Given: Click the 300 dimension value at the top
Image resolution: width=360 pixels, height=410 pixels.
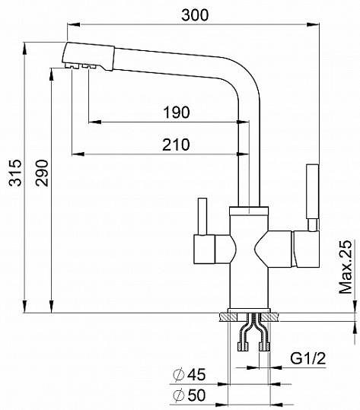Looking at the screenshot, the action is (x=195, y=15).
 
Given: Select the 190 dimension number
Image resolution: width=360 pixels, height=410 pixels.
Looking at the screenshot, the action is (x=177, y=113).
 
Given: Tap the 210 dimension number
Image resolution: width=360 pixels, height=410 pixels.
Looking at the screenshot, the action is (x=176, y=145).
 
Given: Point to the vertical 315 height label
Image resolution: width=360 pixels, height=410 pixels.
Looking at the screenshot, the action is (x=15, y=173).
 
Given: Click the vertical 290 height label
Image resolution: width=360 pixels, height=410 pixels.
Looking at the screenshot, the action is (x=42, y=173).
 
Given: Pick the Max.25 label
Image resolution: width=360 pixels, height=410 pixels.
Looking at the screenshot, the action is (x=346, y=267).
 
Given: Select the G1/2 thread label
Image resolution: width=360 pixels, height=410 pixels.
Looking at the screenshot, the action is (x=308, y=358).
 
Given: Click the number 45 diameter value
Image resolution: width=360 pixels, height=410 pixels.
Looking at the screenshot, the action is (x=196, y=374).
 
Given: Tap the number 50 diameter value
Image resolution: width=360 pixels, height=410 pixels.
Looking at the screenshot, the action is (x=196, y=395).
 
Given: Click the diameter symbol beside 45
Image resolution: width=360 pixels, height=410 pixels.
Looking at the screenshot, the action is (x=178, y=374).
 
